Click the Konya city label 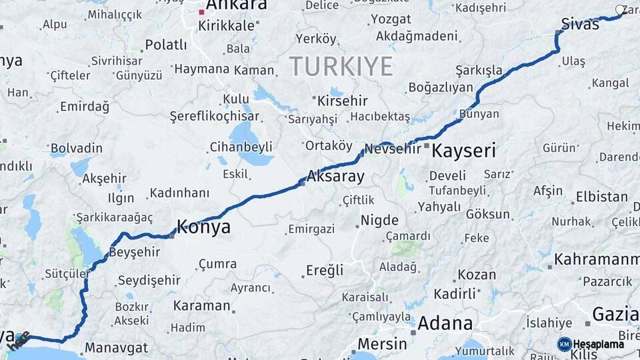coord(204,227)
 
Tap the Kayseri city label coord(463,151)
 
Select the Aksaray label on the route coord(335,177)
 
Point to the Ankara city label coord(236,5)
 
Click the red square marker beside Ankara coord(201,12)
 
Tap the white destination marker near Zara coord(621,10)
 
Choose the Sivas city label coord(580,25)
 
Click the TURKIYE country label coord(341,67)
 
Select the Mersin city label coord(382,344)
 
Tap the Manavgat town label coord(116,347)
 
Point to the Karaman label coord(201,306)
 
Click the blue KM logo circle coord(564,344)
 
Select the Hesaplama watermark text coord(599,344)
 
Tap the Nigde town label coord(379,220)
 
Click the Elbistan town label coord(601,197)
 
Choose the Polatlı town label coord(166,45)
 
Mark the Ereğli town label coord(325,271)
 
